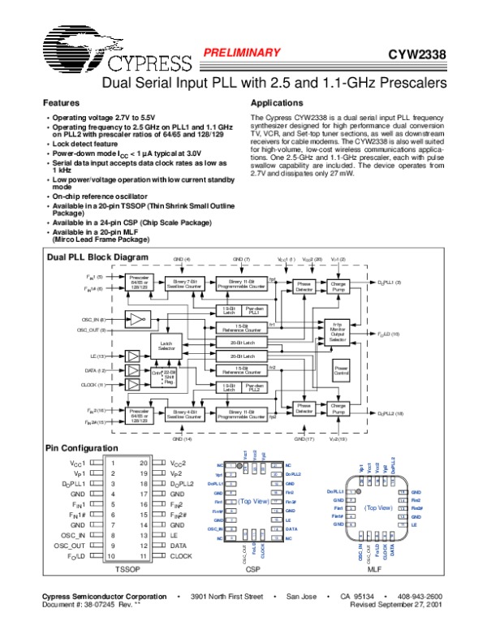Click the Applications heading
point(278,104)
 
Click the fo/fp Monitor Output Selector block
point(338,331)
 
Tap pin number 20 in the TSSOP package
point(143,462)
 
